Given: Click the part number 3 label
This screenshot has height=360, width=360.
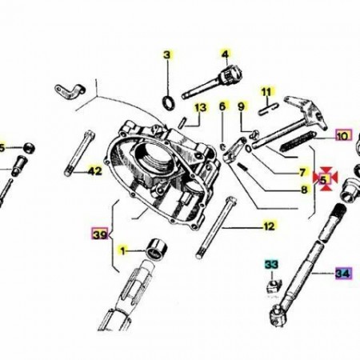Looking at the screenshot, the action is (167, 55).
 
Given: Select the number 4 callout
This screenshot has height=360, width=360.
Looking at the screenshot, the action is (226, 54).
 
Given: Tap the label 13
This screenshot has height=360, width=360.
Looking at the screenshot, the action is (201, 107).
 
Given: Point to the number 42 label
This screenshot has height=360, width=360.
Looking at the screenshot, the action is (95, 170).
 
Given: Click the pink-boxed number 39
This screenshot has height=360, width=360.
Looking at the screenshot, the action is (100, 234).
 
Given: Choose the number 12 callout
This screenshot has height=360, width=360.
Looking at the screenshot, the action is (269, 226).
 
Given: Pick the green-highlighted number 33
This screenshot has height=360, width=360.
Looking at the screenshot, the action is (271, 265).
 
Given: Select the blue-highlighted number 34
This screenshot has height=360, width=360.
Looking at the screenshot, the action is (343, 274).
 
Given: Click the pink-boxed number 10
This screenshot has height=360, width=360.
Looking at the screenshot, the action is (343, 136).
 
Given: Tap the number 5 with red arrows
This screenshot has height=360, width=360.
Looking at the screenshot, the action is (323, 180).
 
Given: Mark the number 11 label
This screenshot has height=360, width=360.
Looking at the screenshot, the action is (266, 92).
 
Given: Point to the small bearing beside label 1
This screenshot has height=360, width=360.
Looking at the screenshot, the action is (157, 250).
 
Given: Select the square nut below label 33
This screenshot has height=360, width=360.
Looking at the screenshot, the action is (273, 287).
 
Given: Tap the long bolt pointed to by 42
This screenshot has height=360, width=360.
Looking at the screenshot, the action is (79, 153).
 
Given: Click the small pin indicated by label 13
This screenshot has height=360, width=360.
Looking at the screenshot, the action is (182, 122).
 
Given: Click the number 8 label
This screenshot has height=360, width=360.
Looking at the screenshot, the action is (304, 190).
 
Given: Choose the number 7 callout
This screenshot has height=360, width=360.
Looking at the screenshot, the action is (302, 173).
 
